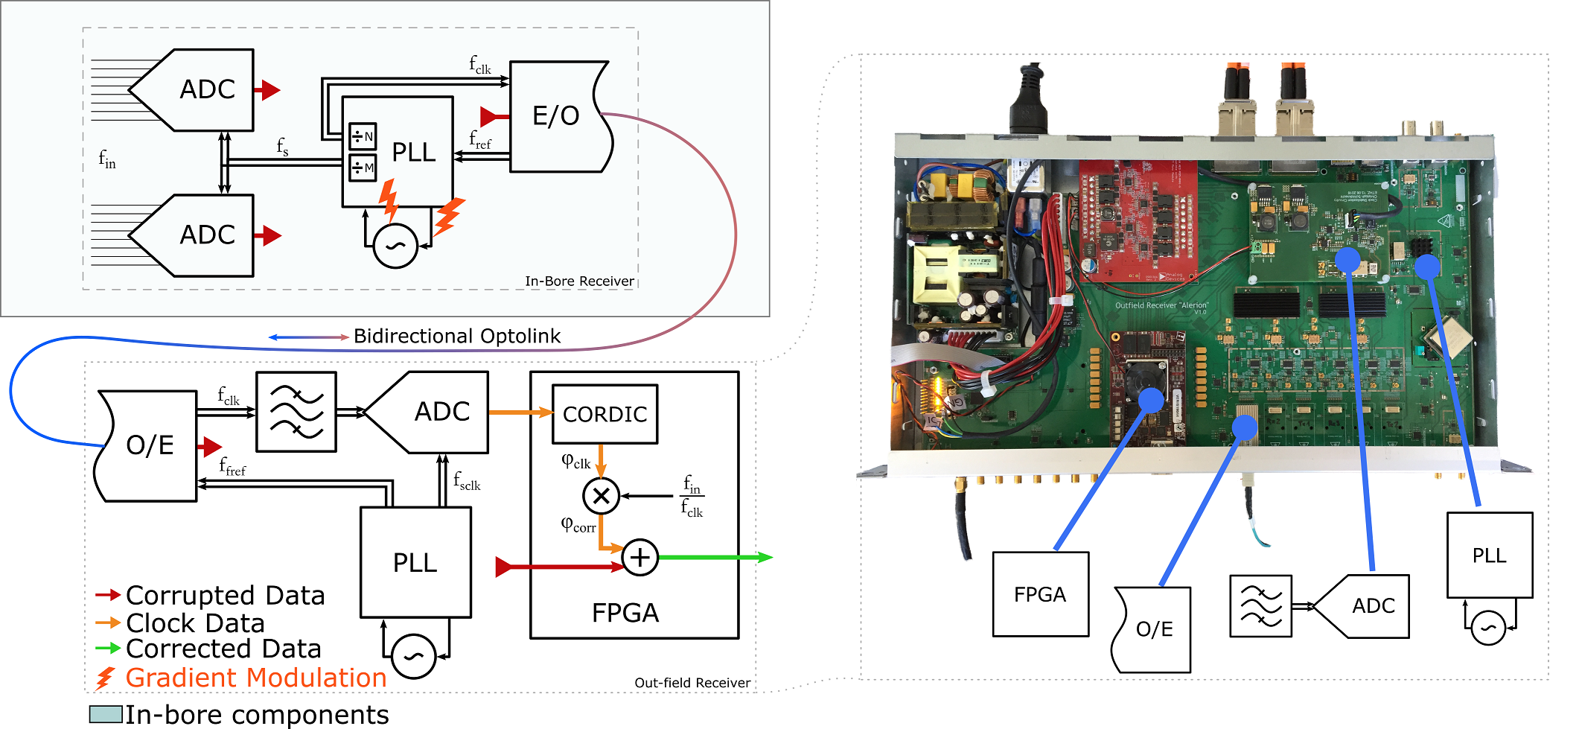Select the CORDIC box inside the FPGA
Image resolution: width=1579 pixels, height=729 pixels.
pyautogui.click(x=605, y=414)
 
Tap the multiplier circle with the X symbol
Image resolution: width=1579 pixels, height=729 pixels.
pyautogui.click(x=601, y=496)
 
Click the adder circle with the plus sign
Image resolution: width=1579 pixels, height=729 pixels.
pyautogui.click(x=640, y=557)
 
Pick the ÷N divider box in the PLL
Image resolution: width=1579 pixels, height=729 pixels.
pyautogui.click(x=363, y=136)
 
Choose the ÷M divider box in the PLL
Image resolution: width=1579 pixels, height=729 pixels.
pyautogui.click(x=363, y=168)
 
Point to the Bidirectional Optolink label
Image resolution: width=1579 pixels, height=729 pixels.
pyautogui.click(x=456, y=337)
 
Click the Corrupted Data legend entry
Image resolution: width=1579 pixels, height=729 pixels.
pyautogui.click(x=225, y=595)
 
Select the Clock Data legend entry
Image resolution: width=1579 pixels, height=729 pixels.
pyautogui.click(x=195, y=623)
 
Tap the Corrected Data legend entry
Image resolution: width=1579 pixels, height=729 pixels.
pyautogui.click(x=223, y=649)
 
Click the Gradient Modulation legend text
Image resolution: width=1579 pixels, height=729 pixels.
pyautogui.click(x=255, y=678)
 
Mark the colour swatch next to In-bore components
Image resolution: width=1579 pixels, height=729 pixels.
pyautogui.click(x=105, y=714)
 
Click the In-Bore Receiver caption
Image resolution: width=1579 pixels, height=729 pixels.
pyautogui.click(x=579, y=281)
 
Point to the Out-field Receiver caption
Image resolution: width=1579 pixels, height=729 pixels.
pyautogui.click(x=692, y=683)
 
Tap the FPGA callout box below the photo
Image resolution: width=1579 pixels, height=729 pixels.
pyautogui.click(x=1040, y=594)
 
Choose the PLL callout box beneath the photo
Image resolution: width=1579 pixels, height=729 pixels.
pyautogui.click(x=1489, y=555)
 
